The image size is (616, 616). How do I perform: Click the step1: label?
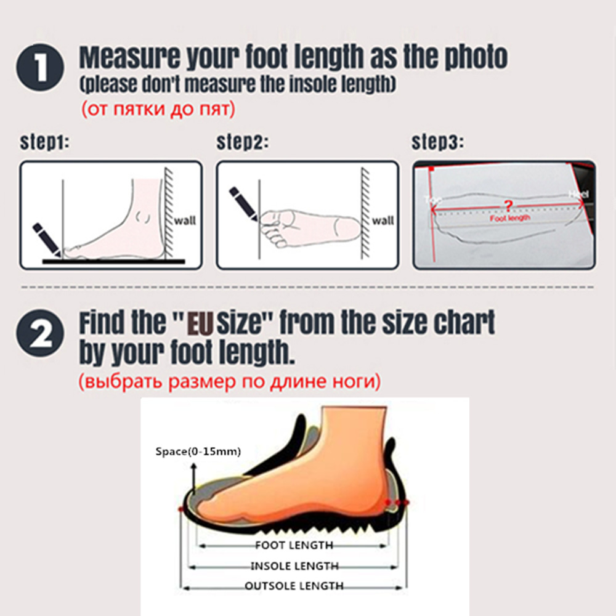coord(45,143)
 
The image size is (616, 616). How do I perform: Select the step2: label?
coord(242,143)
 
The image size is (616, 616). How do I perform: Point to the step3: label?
coord(437,143)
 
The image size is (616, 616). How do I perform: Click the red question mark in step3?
coord(508,205)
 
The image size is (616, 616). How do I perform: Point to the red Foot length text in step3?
coord(509,218)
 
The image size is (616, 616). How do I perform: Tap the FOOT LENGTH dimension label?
coord(294,545)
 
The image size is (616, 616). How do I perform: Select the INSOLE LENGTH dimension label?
coord(294,565)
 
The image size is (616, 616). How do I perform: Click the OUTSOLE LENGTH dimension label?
coord(294,586)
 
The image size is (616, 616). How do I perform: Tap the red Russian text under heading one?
coord(158,110)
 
